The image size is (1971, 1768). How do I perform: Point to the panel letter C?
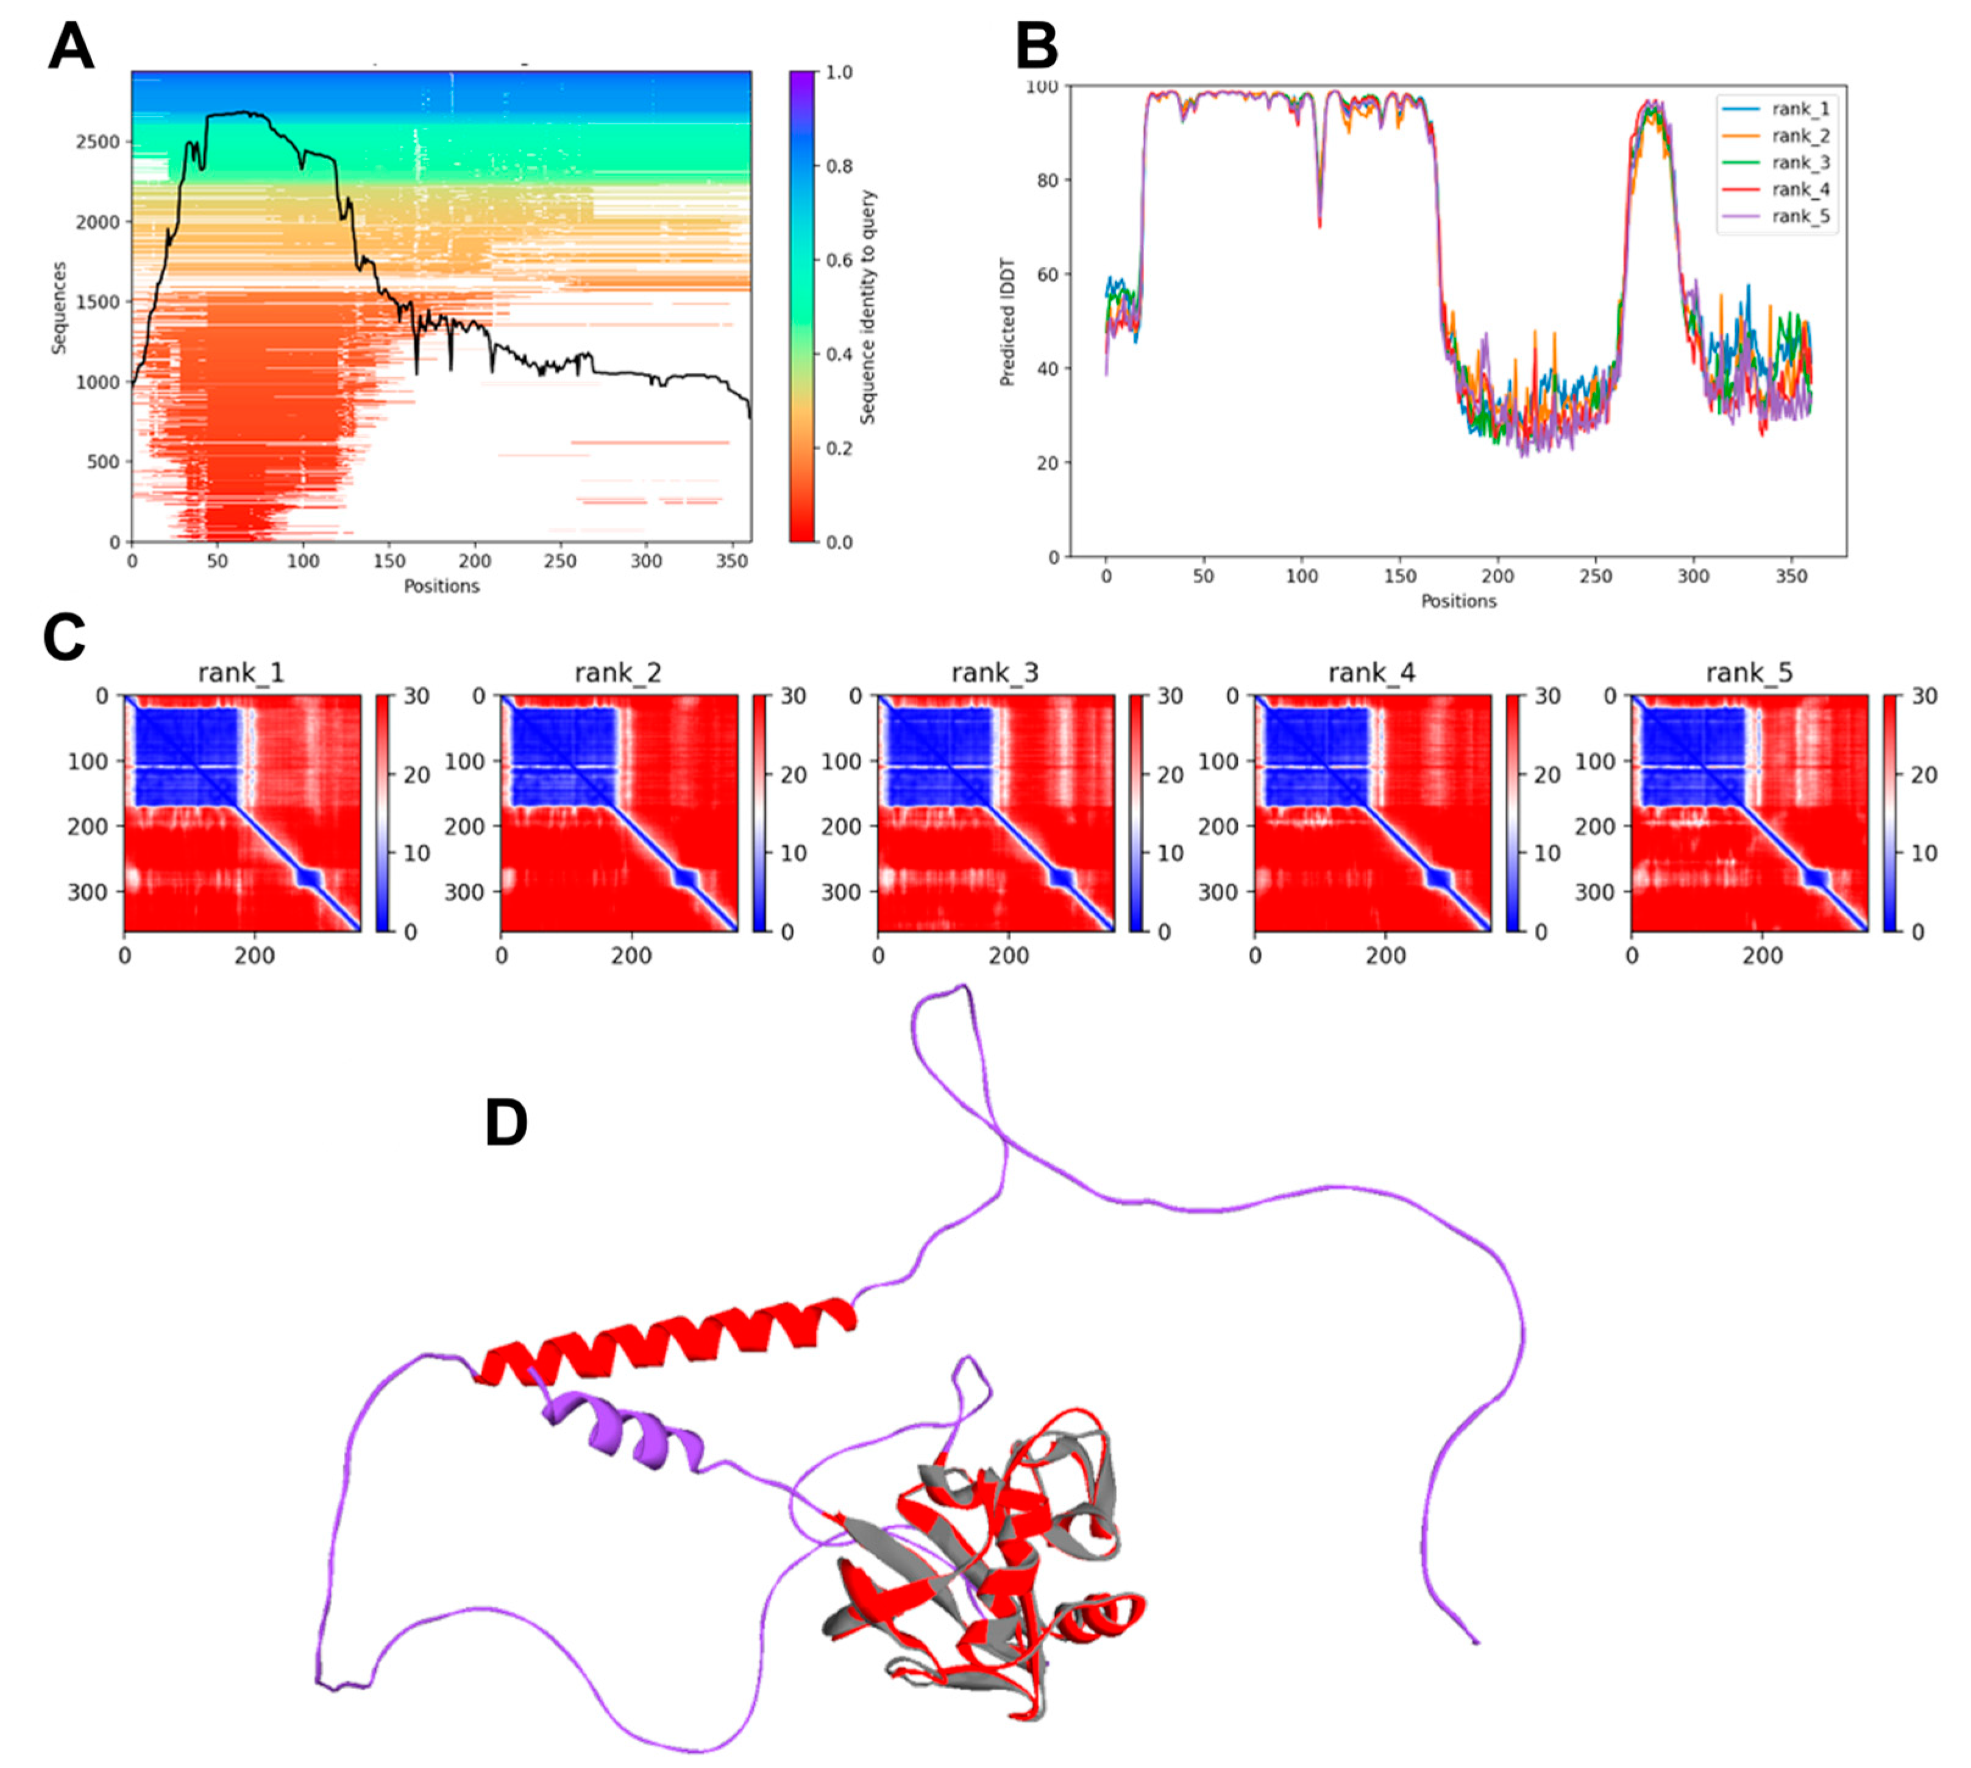click(64, 638)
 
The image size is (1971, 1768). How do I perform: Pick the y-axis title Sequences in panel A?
click(59, 307)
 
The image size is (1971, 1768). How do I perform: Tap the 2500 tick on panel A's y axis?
click(96, 142)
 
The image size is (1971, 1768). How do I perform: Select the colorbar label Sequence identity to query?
click(868, 307)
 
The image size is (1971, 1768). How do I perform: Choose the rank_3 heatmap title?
click(994, 672)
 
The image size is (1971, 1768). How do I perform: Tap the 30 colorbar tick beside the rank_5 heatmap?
click(1923, 696)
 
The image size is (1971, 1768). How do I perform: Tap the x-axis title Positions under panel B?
click(1458, 601)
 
